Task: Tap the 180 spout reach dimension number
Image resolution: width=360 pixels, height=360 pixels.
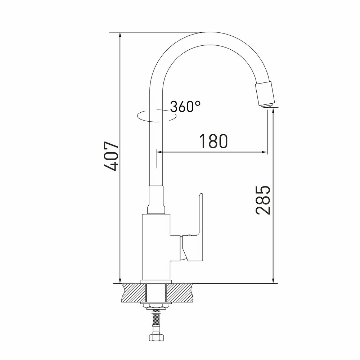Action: pyautogui.click(x=213, y=141)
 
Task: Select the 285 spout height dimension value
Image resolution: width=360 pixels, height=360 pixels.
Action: pyautogui.click(x=263, y=200)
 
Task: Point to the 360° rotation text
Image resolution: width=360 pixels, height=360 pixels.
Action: pyautogui.click(x=185, y=106)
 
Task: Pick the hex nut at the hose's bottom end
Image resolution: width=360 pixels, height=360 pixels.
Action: pyautogui.click(x=156, y=337)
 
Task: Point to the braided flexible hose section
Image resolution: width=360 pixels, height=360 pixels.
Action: pyautogui.click(x=156, y=319)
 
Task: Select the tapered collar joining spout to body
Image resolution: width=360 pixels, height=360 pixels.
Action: pyautogui.click(x=156, y=200)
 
